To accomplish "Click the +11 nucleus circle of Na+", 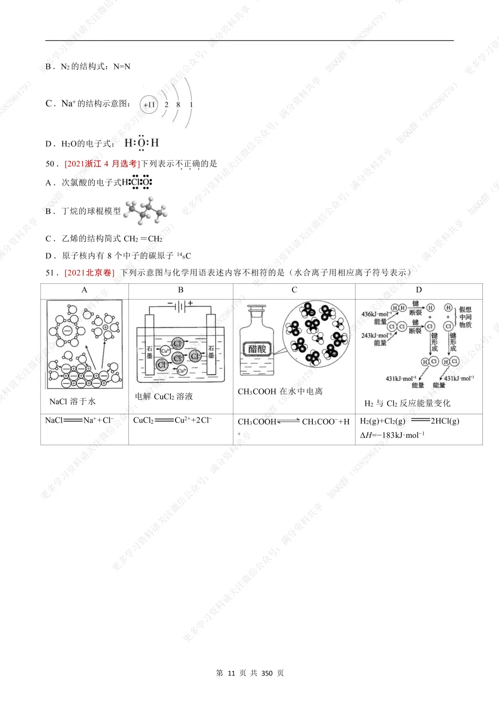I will click(149, 104).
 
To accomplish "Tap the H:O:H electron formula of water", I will click(141, 143).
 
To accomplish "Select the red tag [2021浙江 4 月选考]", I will click(102, 164).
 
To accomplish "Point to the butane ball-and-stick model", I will click(146, 210).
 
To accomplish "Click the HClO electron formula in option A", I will click(137, 182).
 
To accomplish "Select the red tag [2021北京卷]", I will click(89, 272).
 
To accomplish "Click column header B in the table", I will click(181, 290).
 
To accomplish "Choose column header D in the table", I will click(419, 290).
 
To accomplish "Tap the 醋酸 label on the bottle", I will click(257, 349).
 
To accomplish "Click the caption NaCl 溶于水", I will click(73, 401).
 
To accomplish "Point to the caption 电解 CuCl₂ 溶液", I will click(164, 396).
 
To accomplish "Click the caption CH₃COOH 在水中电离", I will click(280, 392).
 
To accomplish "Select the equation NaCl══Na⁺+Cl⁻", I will click(79, 420).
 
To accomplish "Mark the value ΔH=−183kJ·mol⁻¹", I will click(392, 435).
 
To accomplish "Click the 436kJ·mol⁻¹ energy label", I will click(376, 314).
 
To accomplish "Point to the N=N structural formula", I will click(122, 67).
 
